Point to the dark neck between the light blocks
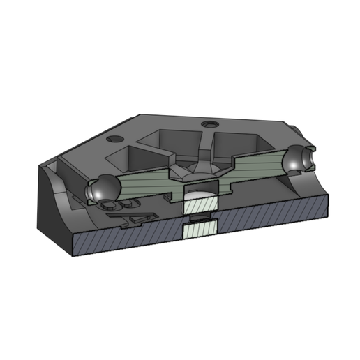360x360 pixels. point(200,218)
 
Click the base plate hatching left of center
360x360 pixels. point(126,241)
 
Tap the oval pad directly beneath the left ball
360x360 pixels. point(110,205)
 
